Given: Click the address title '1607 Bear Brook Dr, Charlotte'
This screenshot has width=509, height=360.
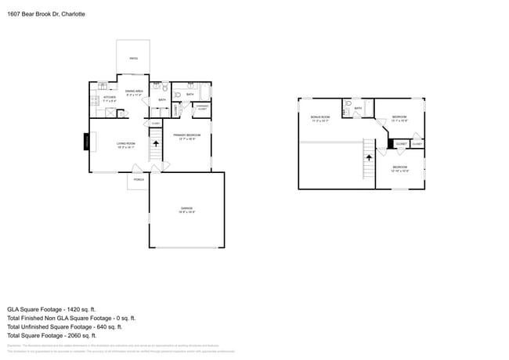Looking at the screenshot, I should (46, 14).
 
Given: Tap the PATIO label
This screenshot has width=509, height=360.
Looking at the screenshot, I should (133, 58).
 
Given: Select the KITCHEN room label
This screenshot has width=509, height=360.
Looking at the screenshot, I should (110, 99).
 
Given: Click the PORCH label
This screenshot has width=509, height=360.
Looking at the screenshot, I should (139, 180).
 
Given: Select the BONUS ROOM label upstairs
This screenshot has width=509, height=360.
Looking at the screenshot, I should (320, 118).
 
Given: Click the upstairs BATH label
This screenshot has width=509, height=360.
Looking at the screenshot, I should (358, 108).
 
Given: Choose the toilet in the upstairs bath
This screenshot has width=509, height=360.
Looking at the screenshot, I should (346, 113).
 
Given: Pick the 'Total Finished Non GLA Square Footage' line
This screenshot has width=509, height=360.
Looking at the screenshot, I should (71, 318).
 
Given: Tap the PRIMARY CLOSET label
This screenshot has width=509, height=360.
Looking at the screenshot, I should (202, 107).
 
